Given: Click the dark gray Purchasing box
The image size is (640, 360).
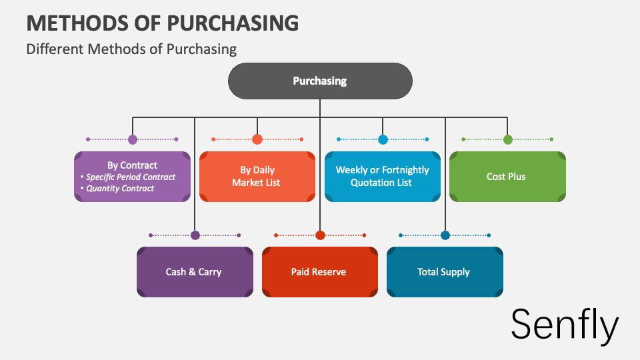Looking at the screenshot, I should (x=320, y=81).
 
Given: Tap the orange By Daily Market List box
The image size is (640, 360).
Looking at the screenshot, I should (x=257, y=177).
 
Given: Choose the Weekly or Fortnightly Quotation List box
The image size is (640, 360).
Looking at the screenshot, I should (x=382, y=177).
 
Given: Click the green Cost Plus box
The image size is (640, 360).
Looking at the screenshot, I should (x=507, y=177).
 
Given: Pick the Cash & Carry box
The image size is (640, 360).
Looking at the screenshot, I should (x=194, y=272).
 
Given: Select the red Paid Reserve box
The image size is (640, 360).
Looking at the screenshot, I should (x=319, y=272).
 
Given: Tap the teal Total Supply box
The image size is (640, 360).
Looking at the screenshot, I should (x=444, y=272).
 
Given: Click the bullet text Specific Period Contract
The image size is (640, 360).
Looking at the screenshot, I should (x=131, y=177).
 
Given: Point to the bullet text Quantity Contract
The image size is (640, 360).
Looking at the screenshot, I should (x=120, y=189).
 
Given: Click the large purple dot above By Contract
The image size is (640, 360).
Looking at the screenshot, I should (x=133, y=139).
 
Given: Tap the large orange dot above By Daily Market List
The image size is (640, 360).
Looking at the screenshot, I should (x=257, y=139).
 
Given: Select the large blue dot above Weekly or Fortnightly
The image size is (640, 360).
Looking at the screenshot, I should (x=383, y=139).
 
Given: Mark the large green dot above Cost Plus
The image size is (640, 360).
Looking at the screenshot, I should (x=508, y=139).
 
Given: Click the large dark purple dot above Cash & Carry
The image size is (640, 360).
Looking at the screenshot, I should (x=195, y=235).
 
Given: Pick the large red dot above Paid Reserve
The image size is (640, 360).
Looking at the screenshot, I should (x=320, y=235).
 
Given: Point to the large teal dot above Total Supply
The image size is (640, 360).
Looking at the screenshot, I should (x=445, y=235).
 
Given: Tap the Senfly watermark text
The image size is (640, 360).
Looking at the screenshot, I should (x=565, y=325).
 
